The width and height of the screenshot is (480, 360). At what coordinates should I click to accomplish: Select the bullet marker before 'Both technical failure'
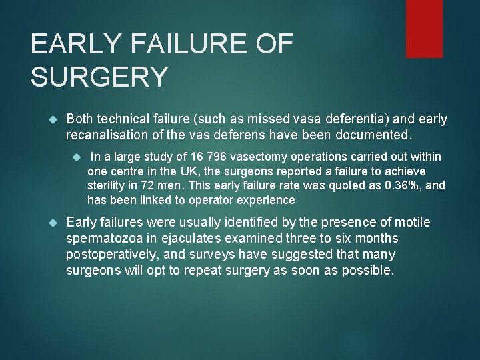[55, 119]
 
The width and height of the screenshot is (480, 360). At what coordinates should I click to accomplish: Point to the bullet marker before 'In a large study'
[77, 157]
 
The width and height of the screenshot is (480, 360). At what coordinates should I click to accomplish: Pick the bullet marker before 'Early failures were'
[55, 223]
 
